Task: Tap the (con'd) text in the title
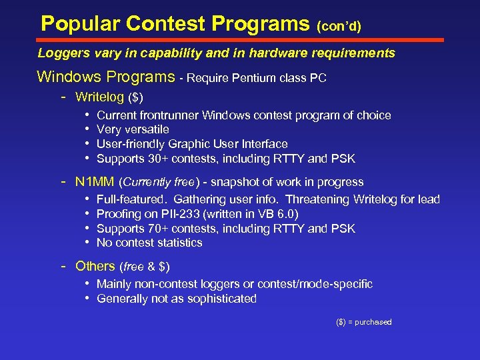pos(339,27)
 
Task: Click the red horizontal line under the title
pos(240,40)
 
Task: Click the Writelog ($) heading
pos(109,97)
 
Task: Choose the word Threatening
pos(321,199)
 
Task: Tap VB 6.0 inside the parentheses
pos(276,214)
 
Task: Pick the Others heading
pos(95,266)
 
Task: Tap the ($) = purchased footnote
pos(363,322)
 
